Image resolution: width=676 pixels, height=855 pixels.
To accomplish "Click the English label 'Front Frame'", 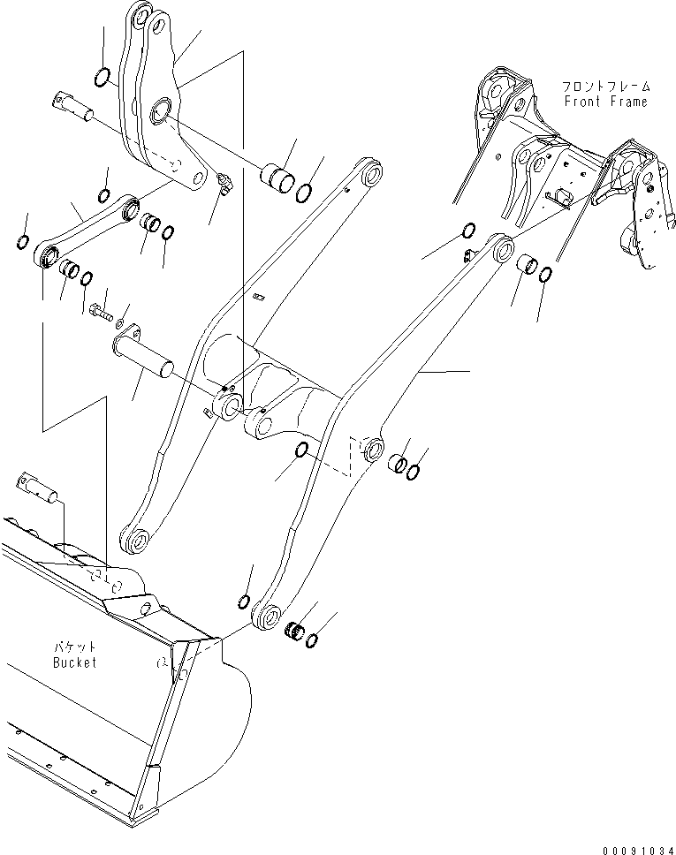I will tap(605, 102).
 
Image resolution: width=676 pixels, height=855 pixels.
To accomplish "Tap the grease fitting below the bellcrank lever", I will tap(223, 185).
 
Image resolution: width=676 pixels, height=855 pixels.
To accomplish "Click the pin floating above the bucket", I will tap(35, 485).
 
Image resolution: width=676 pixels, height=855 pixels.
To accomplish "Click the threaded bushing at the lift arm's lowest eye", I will tap(297, 632).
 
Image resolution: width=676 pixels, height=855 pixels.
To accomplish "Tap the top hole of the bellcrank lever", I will tap(140, 15).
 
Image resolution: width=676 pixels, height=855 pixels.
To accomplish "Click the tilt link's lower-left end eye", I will tap(49, 259).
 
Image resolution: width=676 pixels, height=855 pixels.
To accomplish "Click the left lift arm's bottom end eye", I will tap(137, 540).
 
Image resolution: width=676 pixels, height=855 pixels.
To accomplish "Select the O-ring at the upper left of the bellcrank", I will tap(103, 78).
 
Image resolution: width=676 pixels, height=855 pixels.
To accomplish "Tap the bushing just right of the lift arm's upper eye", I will tap(528, 264).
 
